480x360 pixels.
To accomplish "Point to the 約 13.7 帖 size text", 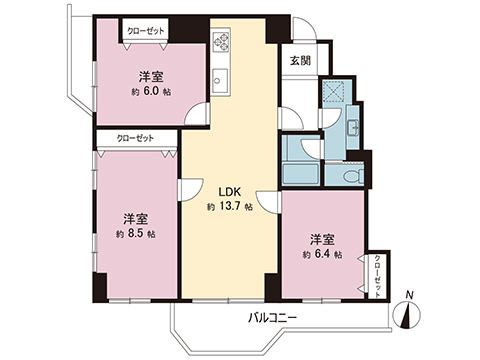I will coord(230,207).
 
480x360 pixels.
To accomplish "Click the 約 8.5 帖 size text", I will coord(137,234).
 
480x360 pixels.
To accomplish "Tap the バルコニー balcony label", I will coord(273,317).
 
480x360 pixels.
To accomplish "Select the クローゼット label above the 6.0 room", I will coord(144,32).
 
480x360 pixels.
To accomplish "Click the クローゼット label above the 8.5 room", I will coord(135,139).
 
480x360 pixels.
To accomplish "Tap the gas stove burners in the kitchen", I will coord(222,43).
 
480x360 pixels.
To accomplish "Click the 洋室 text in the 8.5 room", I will coord(137,217).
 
